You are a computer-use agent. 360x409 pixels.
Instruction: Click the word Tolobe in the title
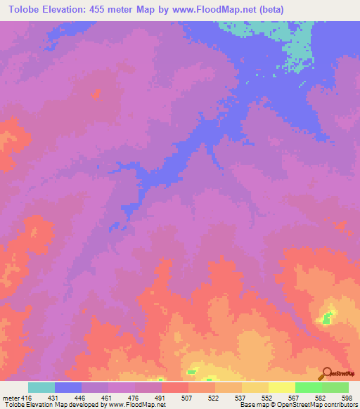tap(23, 9)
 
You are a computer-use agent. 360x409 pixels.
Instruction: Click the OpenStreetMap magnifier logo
tap(327, 372)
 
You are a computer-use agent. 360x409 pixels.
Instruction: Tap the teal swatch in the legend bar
tap(41, 387)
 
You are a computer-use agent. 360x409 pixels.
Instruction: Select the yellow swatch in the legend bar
tap(281, 387)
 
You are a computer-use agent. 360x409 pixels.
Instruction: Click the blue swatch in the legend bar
tap(68, 387)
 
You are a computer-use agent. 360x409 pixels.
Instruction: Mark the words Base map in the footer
tap(252, 405)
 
